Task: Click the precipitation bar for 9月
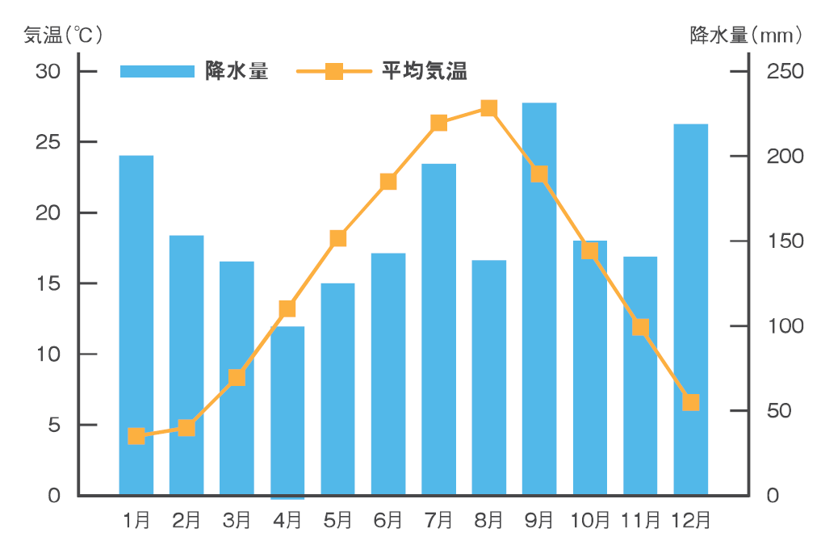click(x=539, y=299)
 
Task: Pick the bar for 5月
click(x=337, y=388)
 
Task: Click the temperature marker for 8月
click(x=488, y=108)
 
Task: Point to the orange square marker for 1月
click(x=136, y=436)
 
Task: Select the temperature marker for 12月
click(x=690, y=402)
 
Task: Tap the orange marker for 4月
click(x=287, y=309)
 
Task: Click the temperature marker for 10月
click(x=589, y=250)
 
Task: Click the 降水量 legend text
click(x=237, y=71)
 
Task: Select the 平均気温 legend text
click(x=425, y=71)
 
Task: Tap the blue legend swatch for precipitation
click(x=157, y=71)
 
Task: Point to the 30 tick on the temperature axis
click(x=48, y=71)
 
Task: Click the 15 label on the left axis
click(x=48, y=283)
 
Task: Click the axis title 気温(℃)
click(x=63, y=35)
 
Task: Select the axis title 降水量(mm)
click(x=747, y=35)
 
